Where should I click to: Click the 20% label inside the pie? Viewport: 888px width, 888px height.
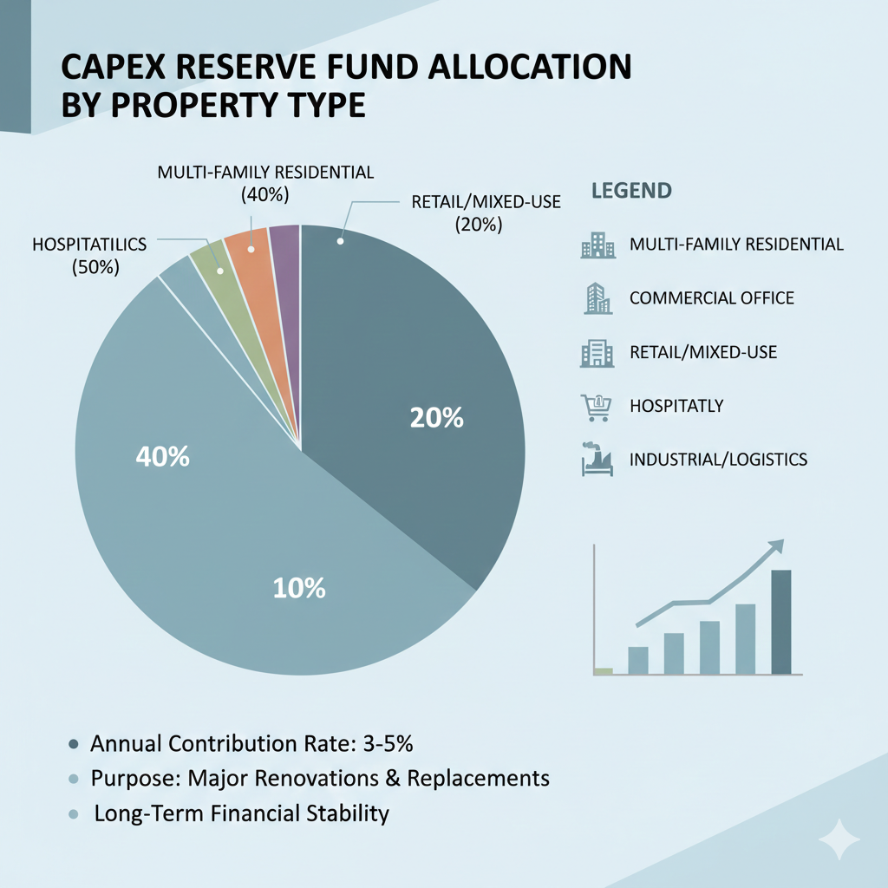click(437, 418)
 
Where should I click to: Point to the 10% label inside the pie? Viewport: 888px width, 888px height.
click(299, 589)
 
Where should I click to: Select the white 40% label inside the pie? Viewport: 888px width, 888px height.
click(162, 456)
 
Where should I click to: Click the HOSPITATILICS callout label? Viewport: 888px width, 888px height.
click(90, 256)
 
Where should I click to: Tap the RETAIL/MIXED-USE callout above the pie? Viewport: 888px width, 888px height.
click(486, 213)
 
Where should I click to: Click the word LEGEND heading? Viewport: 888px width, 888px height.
click(631, 191)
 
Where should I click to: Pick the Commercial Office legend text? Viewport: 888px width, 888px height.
click(712, 298)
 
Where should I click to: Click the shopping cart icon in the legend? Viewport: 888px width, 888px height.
click(597, 408)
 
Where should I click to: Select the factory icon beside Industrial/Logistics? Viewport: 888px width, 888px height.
click(597, 459)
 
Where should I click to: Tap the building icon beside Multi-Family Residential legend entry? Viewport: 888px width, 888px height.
click(598, 245)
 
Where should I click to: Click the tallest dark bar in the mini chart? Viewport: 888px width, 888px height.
click(781, 622)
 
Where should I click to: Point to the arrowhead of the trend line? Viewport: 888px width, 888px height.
click(777, 546)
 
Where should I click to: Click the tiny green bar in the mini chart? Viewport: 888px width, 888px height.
click(604, 671)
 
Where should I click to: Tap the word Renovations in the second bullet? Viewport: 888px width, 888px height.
click(317, 778)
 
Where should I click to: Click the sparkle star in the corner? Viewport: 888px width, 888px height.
click(839, 839)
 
